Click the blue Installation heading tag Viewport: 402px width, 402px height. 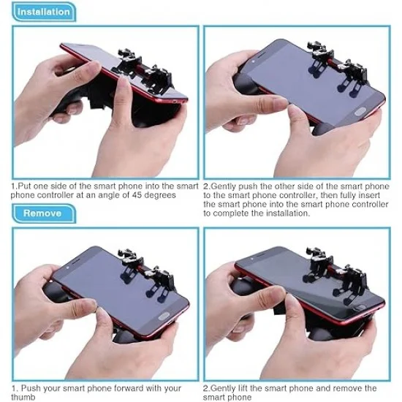pyautogui.click(x=44, y=11)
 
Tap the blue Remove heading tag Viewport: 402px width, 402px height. pyautogui.click(x=42, y=213)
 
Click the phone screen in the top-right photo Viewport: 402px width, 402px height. pyautogui.click(x=307, y=80)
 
